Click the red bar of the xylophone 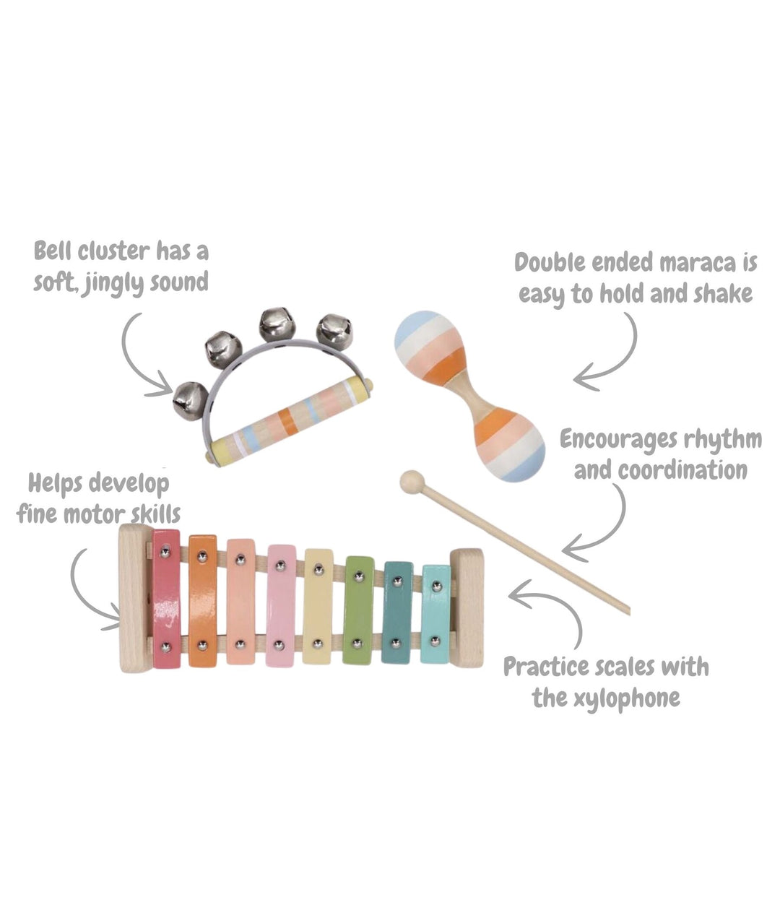(166, 599)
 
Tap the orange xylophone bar (202, 601)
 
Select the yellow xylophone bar (318, 607)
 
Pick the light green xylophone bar (358, 610)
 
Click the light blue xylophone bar (435, 614)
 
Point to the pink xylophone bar (281, 605)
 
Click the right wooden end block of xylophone (468, 607)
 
